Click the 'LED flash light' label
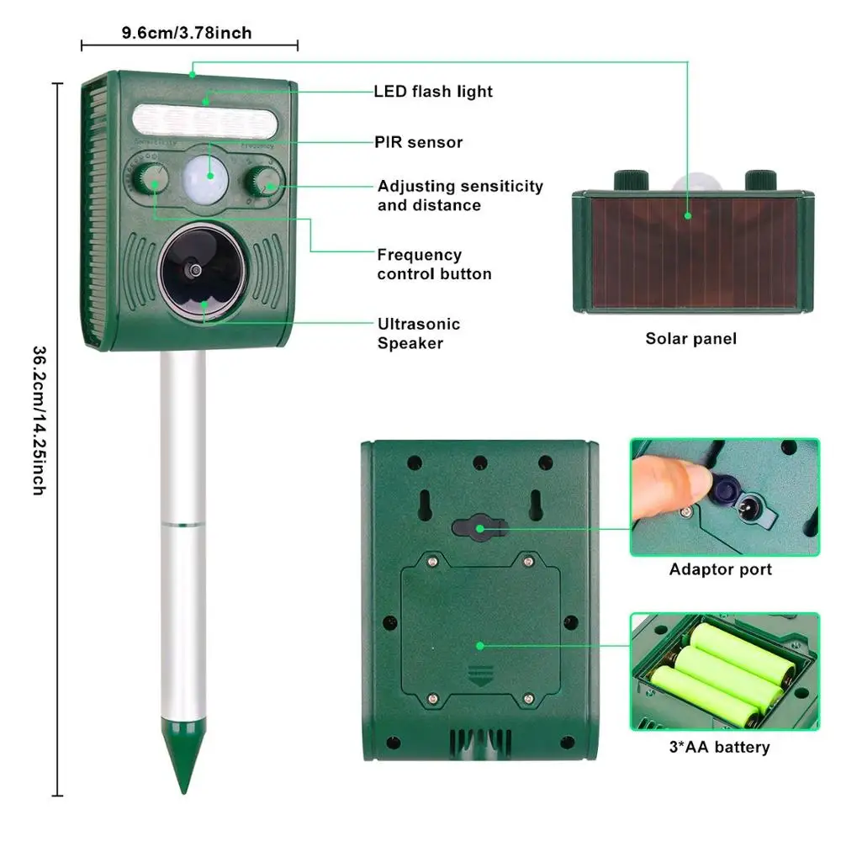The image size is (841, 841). pyautogui.click(x=433, y=91)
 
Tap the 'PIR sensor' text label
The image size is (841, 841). pyautogui.click(x=419, y=142)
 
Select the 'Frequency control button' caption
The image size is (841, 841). pyautogui.click(x=434, y=264)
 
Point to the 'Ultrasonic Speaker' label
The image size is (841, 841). pyautogui.click(x=419, y=333)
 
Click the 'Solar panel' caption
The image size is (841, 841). pyautogui.click(x=690, y=339)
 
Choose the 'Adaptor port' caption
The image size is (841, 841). pyautogui.click(x=720, y=569)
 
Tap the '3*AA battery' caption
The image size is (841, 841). pyautogui.click(x=720, y=746)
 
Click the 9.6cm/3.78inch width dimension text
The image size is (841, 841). pyautogui.click(x=187, y=33)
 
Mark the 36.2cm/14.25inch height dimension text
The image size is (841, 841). pyautogui.click(x=38, y=420)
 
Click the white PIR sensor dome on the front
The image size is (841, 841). pyautogui.click(x=207, y=174)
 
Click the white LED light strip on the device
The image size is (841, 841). pyautogui.click(x=204, y=121)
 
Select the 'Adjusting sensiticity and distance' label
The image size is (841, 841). pyautogui.click(x=460, y=195)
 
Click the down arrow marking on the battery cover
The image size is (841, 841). pyautogui.click(x=481, y=672)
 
